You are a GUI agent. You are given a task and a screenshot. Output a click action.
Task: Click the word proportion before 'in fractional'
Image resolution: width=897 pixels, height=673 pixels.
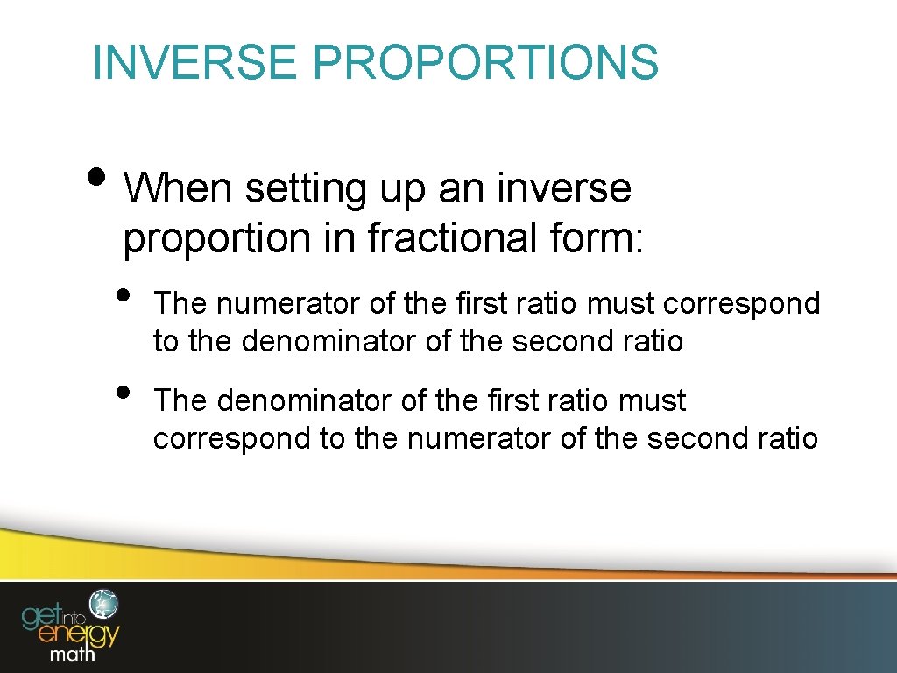(217, 240)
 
